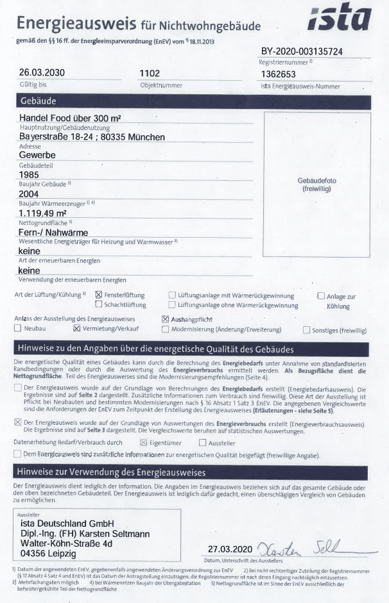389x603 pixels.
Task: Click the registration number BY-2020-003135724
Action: (x=310, y=51)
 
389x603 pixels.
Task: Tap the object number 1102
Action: (x=150, y=73)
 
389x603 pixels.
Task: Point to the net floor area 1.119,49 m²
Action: (x=43, y=213)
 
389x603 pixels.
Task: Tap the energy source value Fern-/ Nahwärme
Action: (x=54, y=232)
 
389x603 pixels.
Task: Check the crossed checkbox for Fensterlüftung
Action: (x=99, y=295)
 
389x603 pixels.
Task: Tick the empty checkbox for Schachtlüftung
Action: (x=99, y=305)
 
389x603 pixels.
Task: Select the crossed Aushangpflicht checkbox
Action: (x=166, y=318)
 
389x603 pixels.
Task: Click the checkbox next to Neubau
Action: (x=17, y=329)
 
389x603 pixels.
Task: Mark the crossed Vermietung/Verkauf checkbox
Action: (x=77, y=329)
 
